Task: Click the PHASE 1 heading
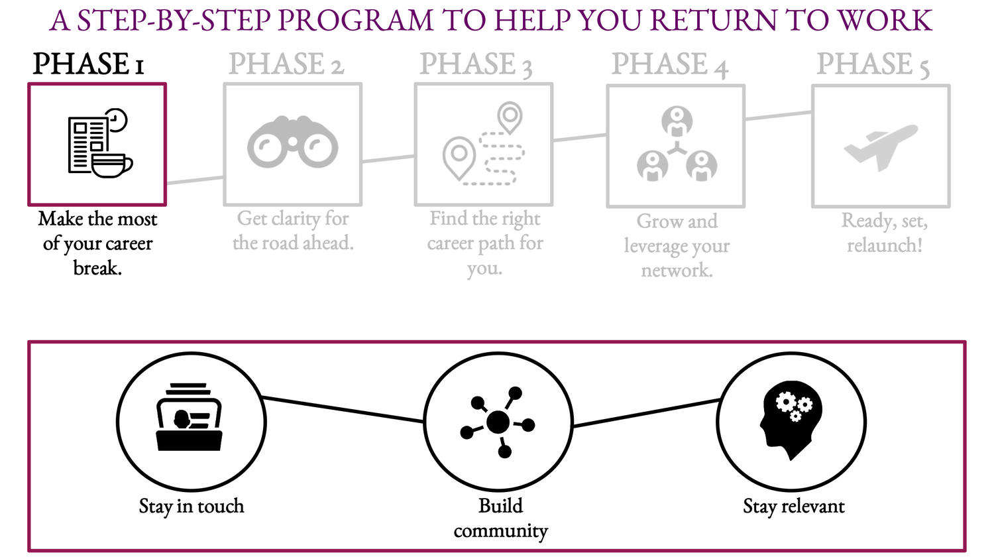click(88, 64)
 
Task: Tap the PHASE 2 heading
click(286, 64)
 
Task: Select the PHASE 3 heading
click(476, 64)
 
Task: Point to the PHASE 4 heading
click(669, 65)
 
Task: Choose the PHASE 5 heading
click(872, 65)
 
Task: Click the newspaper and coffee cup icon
click(99, 144)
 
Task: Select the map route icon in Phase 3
click(484, 144)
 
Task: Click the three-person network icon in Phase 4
click(676, 145)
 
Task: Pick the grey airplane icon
click(881, 146)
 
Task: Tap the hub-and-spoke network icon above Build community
click(498, 422)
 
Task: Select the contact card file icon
click(190, 417)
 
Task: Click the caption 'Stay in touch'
click(192, 507)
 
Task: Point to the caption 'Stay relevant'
click(793, 507)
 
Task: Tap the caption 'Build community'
click(500, 518)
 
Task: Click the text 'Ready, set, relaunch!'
click(884, 233)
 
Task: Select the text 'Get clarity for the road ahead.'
click(293, 231)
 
